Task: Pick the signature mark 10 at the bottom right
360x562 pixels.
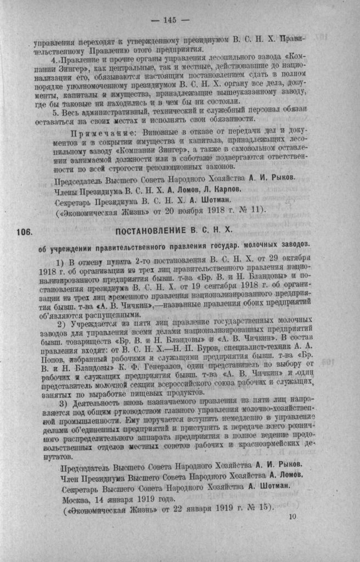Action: [291, 516]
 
